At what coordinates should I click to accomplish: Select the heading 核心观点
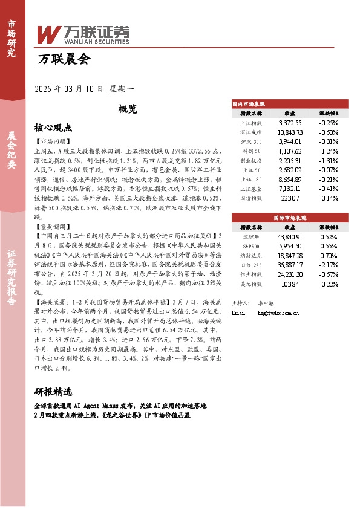coord(53,128)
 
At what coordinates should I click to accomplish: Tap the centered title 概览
coord(128,109)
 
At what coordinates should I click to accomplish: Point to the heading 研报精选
coord(53,391)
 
